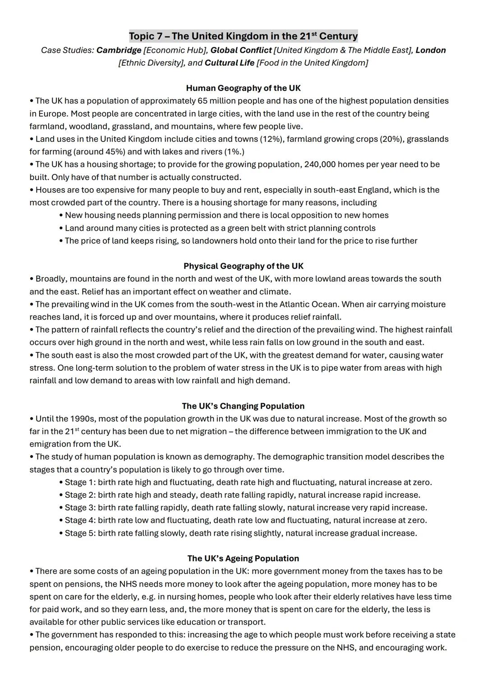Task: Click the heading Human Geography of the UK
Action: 243,88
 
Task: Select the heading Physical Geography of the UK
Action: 243,266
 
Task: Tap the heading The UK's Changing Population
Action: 243,406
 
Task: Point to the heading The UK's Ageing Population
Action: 243,558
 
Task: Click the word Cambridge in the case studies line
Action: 119,50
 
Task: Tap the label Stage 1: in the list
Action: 80,483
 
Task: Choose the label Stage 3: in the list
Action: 80,508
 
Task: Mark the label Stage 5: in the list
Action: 80,533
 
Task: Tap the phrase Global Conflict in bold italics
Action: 241,50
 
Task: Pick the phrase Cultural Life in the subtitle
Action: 230,63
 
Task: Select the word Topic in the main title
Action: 142,36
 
